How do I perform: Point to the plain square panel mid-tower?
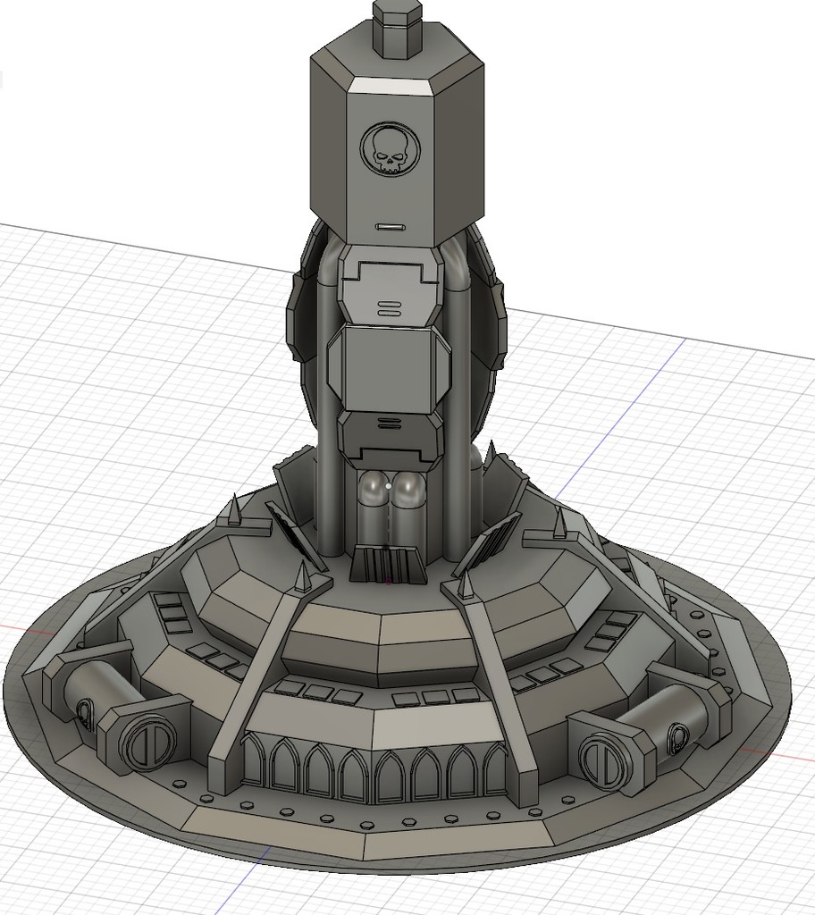pyautogui.click(x=388, y=368)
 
